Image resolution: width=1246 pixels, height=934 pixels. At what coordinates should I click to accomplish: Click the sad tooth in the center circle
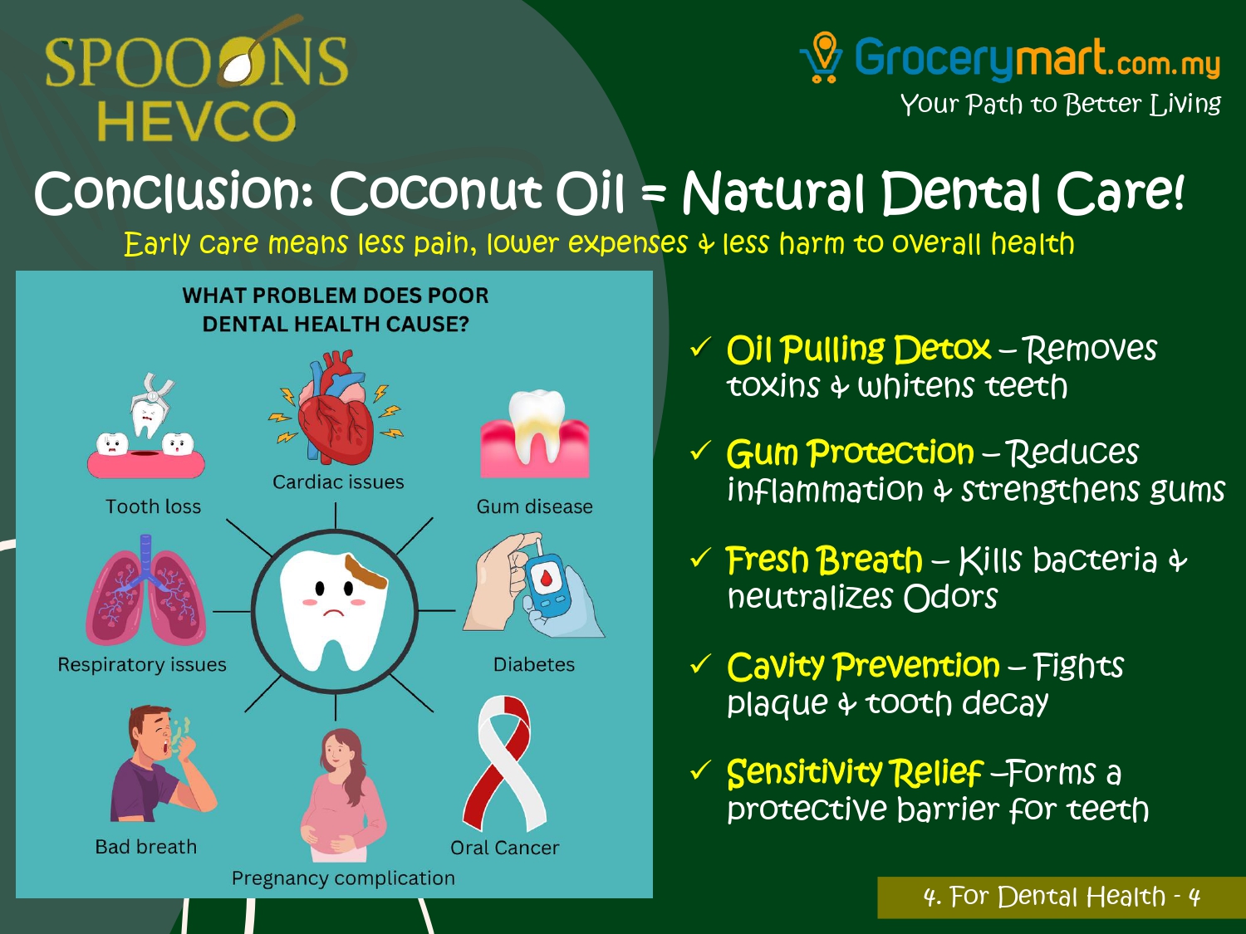[335, 609]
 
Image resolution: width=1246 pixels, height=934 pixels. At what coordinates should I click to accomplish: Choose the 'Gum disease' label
[534, 506]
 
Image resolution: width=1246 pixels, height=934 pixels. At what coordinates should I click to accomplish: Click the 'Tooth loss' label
[154, 506]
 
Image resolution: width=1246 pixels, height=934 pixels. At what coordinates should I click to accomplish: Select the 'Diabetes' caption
[534, 664]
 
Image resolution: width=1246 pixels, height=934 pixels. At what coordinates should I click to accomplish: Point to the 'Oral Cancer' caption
[505, 847]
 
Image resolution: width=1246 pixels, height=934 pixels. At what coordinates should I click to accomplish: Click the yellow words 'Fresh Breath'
[824, 560]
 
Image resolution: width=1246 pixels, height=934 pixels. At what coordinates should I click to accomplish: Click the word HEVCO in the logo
[196, 120]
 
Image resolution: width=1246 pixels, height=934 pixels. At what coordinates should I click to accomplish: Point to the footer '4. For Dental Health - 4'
[1062, 897]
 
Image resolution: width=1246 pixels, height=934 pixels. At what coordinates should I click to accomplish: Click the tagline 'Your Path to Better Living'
[1061, 104]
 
